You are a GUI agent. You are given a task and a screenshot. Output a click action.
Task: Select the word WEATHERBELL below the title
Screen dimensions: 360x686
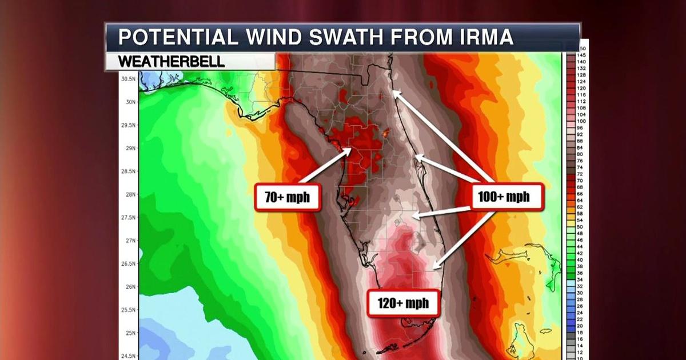(171, 62)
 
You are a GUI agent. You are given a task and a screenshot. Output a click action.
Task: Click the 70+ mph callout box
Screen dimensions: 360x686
(286, 198)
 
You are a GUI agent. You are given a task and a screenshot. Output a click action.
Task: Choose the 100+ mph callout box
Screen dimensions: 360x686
(502, 198)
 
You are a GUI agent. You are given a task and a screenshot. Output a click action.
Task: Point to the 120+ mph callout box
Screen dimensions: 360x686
(404, 303)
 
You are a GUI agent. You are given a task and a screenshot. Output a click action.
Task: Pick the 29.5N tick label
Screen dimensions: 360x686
(129, 125)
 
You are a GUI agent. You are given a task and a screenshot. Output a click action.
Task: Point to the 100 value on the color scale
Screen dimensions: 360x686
(581, 121)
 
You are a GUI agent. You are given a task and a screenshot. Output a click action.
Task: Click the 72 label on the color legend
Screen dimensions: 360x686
(581, 174)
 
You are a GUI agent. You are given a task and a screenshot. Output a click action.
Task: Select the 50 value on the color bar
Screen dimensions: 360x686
(581, 227)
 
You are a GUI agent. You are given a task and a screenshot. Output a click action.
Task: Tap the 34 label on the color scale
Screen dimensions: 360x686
(581, 279)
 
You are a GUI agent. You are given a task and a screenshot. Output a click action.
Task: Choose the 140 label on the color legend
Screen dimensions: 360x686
(581, 61)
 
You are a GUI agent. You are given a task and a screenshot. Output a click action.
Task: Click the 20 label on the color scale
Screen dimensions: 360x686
(581, 325)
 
